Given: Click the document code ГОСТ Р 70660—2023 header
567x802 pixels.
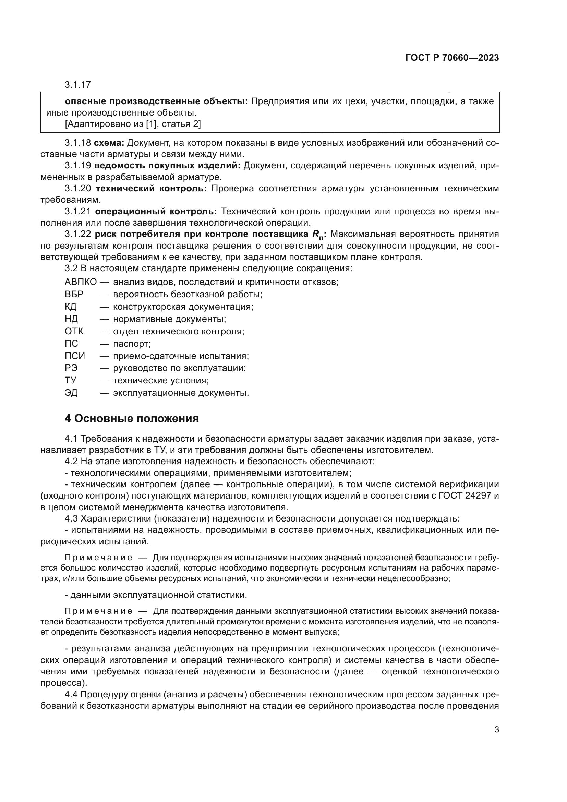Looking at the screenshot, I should pos(452,58).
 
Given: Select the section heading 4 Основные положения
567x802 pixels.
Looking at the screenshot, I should pos(132,418).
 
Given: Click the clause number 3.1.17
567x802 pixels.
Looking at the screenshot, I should pos(77,85).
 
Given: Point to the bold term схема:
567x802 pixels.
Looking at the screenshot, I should pos(109,143).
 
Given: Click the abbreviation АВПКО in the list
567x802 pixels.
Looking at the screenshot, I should pos(81,282).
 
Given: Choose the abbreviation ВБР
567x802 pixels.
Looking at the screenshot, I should pos(74,294).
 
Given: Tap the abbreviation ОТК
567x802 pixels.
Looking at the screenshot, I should pos(74,331).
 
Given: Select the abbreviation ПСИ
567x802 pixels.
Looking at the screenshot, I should pos(75,356).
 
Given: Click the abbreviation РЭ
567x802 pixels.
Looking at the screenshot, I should pos(71,368).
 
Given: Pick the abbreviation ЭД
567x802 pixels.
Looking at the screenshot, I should pos(71,393).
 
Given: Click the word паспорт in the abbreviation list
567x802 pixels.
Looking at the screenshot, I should pos(132,344).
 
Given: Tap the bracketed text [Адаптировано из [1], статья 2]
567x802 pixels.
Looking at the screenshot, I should pos(133,124).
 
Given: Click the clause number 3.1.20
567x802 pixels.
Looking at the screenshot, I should pos(77,189).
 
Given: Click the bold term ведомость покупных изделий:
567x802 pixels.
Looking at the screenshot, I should pos(167,166).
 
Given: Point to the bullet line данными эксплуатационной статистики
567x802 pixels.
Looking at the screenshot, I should pos(156,595).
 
